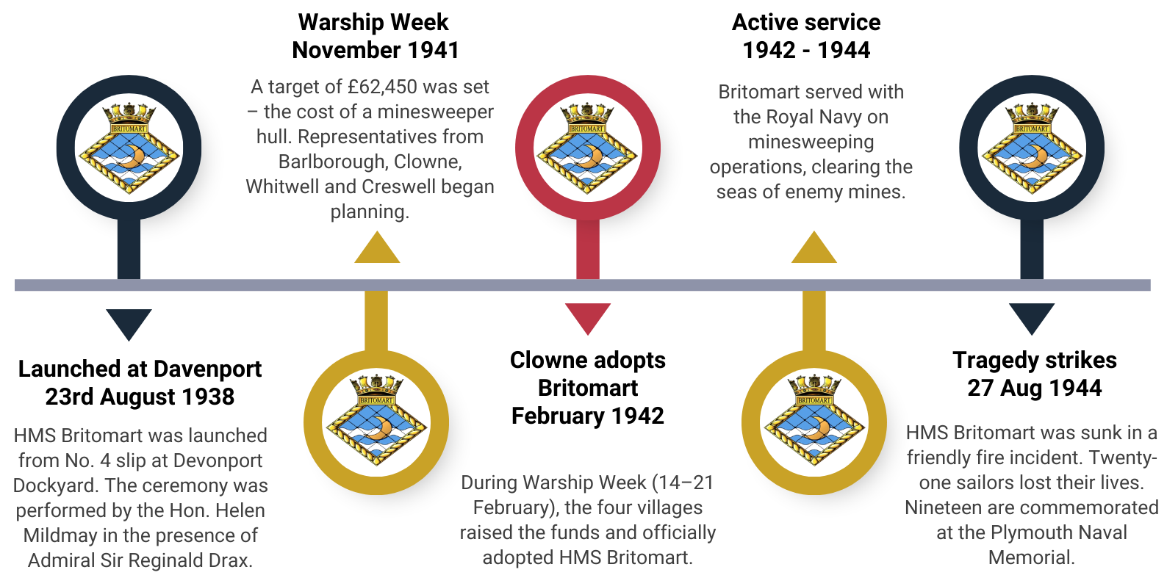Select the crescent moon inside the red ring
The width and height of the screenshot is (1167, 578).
pos(592,156)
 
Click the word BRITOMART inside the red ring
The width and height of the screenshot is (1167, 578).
pos(587,129)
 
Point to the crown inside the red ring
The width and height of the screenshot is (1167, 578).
pos(587,112)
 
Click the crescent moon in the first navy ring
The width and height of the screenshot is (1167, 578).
pos(134,156)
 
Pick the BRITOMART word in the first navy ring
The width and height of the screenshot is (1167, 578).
pos(129,129)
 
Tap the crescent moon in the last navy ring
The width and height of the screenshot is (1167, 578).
pos(1037,156)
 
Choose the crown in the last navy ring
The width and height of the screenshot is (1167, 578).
pos(1032,112)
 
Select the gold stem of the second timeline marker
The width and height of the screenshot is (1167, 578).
pos(376,320)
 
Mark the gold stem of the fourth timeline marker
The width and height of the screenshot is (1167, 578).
pos(814,320)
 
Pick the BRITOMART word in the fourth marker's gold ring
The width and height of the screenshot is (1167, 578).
pos(814,401)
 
